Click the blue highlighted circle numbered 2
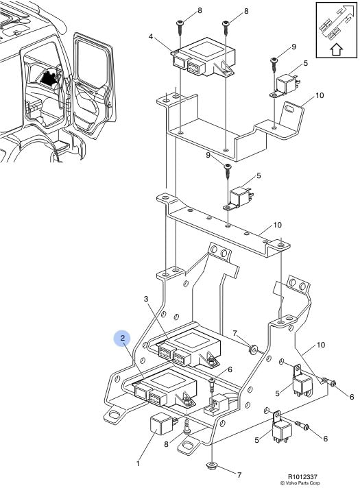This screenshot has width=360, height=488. coord(123,338)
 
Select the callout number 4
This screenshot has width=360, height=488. coord(151,37)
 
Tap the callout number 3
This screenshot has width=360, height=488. coord(146,299)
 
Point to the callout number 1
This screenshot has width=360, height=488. coord(138,464)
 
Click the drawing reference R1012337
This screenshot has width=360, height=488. coord(302,476)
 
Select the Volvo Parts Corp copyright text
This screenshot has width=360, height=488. coord(300,483)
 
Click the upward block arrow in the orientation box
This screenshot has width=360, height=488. coord(336,49)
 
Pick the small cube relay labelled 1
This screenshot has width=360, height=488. coord(161,424)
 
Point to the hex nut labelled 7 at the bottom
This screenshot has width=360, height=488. coord(211,466)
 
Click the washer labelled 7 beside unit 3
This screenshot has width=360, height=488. coord(252,349)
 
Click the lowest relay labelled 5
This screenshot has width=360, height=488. coord(281,428)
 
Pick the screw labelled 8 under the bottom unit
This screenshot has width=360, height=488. coord(187,427)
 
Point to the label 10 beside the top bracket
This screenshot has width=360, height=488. coord(320,95)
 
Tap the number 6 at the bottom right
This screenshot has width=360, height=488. coord(326,439)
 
